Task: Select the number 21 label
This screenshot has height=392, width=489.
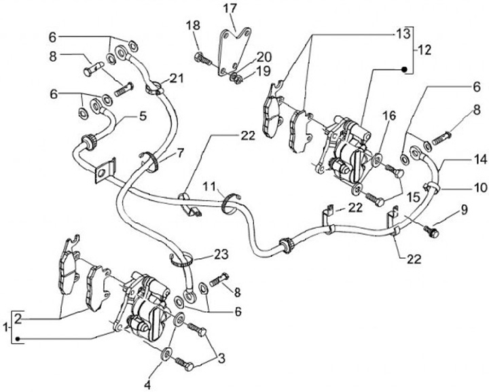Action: [x=177, y=79]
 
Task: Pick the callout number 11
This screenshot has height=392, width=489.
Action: [x=211, y=186]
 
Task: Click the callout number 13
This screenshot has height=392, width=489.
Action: [x=403, y=33]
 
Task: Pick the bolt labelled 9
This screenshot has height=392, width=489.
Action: [x=429, y=232]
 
